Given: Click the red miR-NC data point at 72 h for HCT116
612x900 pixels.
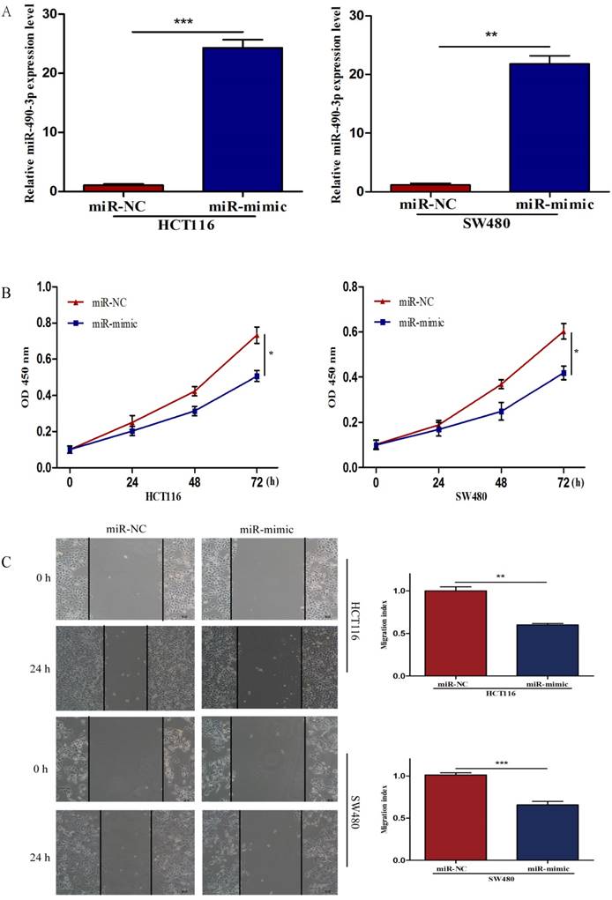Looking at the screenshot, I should pos(257,336).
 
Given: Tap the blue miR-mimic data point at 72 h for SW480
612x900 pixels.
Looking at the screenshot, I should pos(563,373).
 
